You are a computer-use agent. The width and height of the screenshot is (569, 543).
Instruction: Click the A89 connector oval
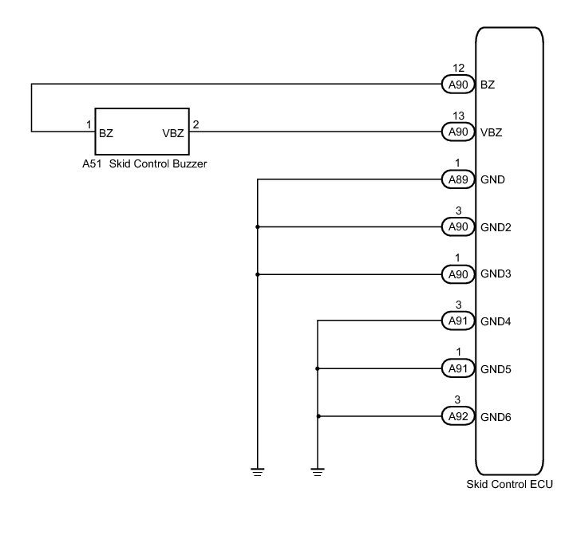click(458, 179)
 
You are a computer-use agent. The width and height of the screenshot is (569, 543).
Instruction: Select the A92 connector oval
click(458, 416)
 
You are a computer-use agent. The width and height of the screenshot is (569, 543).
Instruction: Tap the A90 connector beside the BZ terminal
click(458, 84)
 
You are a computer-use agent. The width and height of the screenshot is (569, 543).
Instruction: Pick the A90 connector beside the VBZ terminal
click(458, 132)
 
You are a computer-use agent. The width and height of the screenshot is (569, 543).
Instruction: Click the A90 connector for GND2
click(458, 227)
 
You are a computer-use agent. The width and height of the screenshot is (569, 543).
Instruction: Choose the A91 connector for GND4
click(458, 321)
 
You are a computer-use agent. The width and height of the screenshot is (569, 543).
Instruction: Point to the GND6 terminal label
click(496, 417)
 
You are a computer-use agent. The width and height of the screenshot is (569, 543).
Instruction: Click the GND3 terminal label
click(496, 274)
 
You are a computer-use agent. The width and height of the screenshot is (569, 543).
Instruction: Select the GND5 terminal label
click(496, 369)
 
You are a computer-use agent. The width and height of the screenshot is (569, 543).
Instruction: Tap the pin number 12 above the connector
click(458, 69)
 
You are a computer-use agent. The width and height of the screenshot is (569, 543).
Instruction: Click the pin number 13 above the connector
click(458, 117)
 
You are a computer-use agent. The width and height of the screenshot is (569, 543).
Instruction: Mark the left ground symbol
click(258, 472)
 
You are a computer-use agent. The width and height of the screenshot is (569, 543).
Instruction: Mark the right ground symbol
click(318, 472)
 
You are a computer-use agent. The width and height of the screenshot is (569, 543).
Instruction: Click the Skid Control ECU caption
click(509, 484)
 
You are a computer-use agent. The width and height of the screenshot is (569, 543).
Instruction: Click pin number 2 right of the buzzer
click(196, 125)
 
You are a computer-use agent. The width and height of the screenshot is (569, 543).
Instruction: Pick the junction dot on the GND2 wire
click(258, 227)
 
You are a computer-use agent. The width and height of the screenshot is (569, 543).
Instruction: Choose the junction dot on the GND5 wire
click(318, 369)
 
